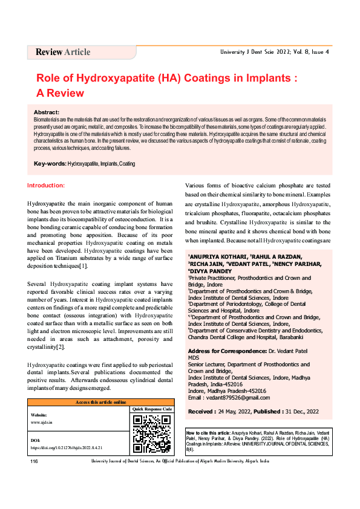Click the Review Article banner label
tap(63, 52)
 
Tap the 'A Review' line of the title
tap(60, 94)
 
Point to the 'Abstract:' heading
tap(47, 112)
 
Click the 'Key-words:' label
tap(50, 164)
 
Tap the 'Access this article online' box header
tap(100, 402)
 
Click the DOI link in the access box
tap(66, 448)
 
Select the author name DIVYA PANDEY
tap(214, 271)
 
